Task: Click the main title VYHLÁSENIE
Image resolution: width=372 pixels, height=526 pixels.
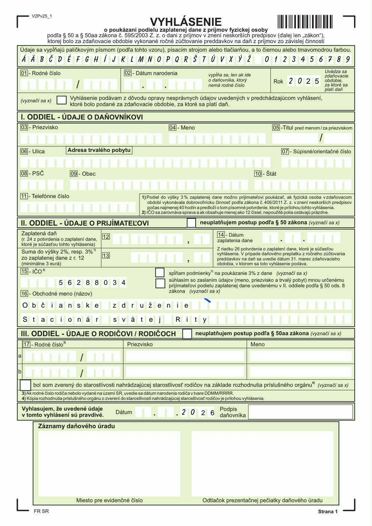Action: point(186,22)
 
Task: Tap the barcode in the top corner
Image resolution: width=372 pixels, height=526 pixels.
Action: point(304,22)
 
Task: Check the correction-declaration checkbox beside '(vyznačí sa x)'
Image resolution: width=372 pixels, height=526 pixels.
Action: point(62,100)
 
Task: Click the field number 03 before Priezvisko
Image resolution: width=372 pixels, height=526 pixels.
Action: point(24,127)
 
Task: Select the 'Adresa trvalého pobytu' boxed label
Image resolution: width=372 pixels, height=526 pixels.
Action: point(99,150)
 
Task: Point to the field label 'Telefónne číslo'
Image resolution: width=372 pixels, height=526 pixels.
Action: point(50,196)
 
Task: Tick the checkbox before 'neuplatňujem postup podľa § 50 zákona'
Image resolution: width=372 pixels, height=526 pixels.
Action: point(191,223)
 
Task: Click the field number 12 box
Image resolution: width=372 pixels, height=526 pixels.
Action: point(106,237)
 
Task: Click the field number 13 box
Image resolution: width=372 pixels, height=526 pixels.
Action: point(106,255)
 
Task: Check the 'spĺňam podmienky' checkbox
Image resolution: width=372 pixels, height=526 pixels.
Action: point(160,272)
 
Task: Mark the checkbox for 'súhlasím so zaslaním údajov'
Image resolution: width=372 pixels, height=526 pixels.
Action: point(160,283)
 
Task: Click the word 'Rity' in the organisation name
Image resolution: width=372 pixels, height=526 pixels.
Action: point(191,320)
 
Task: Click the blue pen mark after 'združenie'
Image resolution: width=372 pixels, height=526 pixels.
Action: point(207,300)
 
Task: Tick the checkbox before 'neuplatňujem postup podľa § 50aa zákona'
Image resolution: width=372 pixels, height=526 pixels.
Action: point(187,334)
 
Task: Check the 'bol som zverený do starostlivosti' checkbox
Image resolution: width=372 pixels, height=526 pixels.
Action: point(25,385)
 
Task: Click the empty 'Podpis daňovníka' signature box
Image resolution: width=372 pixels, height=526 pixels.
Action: point(300,412)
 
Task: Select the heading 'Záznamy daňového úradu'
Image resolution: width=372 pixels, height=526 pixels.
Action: point(76,426)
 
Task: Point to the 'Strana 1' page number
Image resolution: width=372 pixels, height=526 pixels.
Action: point(328,512)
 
